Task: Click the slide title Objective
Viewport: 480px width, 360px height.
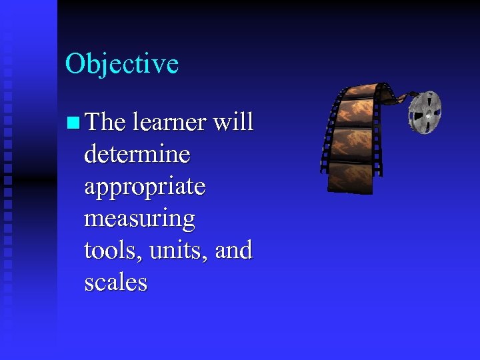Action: coord(122,64)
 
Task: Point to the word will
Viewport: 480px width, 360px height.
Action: coord(233,122)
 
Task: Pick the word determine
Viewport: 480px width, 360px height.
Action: coord(137,154)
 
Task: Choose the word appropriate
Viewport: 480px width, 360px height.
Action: coord(145,187)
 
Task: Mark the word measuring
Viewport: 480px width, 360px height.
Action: coord(139,219)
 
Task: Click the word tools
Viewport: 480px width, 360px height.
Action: coord(107,251)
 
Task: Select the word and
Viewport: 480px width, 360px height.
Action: coord(235,251)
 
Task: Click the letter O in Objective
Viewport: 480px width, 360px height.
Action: coord(74,64)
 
